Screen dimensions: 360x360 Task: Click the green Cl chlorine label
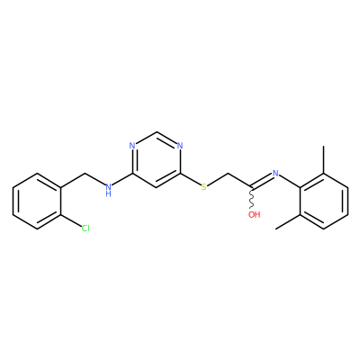pyautogui.click(x=85, y=229)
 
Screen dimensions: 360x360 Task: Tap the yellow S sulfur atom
pyautogui.click(x=204, y=187)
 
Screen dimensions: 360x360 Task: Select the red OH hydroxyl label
pyautogui.click(x=254, y=214)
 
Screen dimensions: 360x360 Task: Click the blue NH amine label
pyautogui.click(x=108, y=190)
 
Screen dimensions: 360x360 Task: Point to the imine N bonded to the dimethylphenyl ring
pyautogui.click(x=275, y=174)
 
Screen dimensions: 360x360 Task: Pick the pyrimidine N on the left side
pyautogui.click(x=132, y=146)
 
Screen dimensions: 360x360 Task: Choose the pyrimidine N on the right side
pyautogui.click(x=180, y=146)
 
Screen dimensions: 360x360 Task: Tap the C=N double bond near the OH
pyautogui.click(x=262, y=182)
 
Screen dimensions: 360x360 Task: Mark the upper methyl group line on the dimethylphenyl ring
pyautogui.click(x=324, y=159)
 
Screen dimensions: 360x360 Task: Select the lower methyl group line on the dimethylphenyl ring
pyautogui.click(x=288, y=222)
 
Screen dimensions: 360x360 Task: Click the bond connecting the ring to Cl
pyautogui.click(x=71, y=221)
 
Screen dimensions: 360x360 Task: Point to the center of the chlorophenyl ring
pyautogui.click(x=37, y=201)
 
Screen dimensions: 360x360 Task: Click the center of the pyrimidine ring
pyautogui.click(x=156, y=159)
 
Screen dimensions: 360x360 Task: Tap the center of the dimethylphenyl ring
pyautogui.click(x=324, y=201)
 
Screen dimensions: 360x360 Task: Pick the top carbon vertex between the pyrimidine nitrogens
pyautogui.click(x=156, y=132)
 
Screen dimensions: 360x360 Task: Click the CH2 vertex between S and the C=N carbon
pyautogui.click(x=228, y=174)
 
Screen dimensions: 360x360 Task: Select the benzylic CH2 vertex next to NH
pyautogui.click(x=85, y=174)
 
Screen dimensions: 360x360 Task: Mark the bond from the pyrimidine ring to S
pyautogui.click(x=191, y=179)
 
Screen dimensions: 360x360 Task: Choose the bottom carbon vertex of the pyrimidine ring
pyautogui.click(x=156, y=187)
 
